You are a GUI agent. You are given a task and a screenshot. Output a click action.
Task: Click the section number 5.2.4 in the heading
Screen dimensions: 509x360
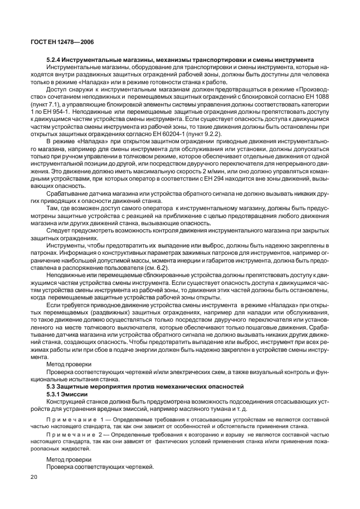(55, 60)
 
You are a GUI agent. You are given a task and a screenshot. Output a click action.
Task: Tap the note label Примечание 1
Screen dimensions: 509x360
(73, 418)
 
